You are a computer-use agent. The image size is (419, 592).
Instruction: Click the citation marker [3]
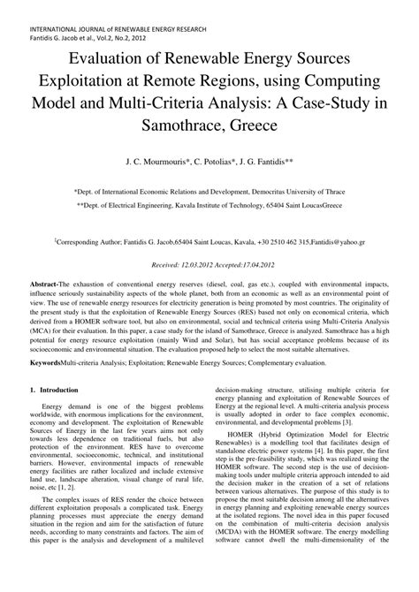click(341, 445)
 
